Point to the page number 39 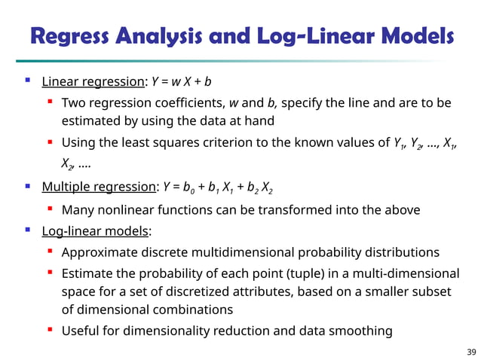(x=471, y=351)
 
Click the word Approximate (x=100, y=252)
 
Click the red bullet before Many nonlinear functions (x=50, y=209)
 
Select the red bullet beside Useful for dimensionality (x=50, y=329)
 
